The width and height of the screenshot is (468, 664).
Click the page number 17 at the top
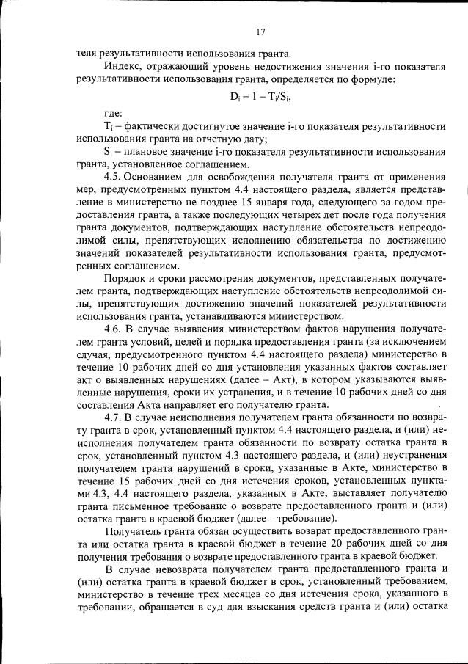(260, 32)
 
